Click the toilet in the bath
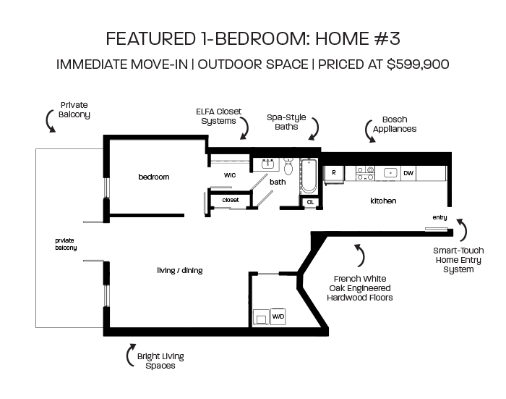coord(288,166)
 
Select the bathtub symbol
coord(309,176)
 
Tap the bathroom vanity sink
coord(267,164)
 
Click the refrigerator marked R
coord(334,174)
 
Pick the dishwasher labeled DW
coord(408,173)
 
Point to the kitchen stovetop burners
coord(365,173)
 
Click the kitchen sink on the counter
coord(390,173)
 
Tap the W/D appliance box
coord(278,316)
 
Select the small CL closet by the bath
coord(310,202)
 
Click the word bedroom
coord(153,177)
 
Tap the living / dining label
coord(180,270)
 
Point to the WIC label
coord(230,175)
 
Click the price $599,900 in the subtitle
coord(418,64)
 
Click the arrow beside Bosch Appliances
coord(369,131)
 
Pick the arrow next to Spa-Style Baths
coord(314,128)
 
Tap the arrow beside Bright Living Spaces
coord(130,355)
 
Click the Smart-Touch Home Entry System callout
coord(458,260)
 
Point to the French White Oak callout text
coord(360,288)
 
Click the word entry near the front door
coord(439,217)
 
